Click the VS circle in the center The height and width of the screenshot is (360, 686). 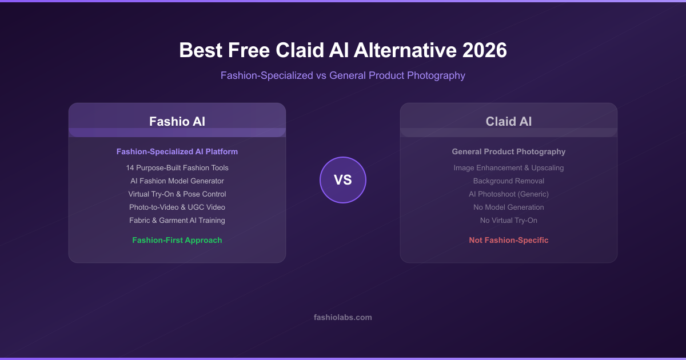tap(342, 180)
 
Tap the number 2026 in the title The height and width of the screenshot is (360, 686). tap(485, 50)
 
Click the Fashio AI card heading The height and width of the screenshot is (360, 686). tap(177, 122)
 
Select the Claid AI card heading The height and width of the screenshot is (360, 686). tap(508, 122)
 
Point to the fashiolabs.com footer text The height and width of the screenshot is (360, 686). tap(342, 317)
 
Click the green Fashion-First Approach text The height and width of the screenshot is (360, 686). tap(177, 241)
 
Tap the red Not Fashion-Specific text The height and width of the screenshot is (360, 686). tap(508, 241)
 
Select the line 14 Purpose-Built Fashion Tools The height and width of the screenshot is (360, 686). tap(177, 168)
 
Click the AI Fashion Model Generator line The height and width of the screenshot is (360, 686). tap(177, 181)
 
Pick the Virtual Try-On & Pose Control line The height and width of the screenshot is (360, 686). tap(177, 194)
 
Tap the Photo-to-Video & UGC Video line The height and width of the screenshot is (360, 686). tap(177, 207)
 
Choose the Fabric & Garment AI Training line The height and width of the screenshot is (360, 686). tap(177, 221)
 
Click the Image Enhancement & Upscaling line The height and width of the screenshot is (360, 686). tap(508, 168)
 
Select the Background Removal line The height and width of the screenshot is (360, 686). tap(508, 181)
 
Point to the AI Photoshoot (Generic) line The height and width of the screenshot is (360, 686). tap(508, 194)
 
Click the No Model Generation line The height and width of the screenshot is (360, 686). tap(508, 207)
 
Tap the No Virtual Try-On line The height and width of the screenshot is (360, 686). tap(508, 221)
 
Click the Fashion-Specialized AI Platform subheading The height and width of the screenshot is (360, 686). tap(177, 151)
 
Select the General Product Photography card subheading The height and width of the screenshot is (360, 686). tap(508, 151)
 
